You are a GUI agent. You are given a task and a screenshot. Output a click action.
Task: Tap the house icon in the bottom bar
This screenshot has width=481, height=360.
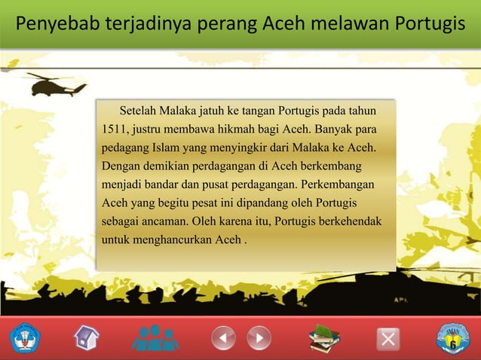coord(87,337)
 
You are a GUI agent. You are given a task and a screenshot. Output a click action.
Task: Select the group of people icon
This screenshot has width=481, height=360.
coord(155,337)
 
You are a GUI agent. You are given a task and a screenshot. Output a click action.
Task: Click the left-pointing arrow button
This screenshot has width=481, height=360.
coord(223,337)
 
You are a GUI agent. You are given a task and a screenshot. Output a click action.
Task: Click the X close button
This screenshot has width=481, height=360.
coord(388,339)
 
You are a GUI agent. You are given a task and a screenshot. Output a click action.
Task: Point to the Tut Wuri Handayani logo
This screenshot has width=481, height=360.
coord(26,338)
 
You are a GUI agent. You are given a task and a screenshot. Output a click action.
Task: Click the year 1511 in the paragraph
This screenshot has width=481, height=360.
coord(115,130)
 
